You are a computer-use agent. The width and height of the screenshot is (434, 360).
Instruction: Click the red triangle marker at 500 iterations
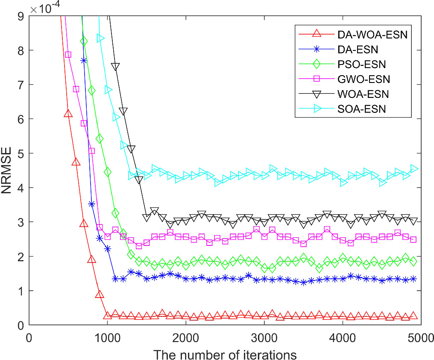tap(68, 113)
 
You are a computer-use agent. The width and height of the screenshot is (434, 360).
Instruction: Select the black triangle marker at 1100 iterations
tap(115, 67)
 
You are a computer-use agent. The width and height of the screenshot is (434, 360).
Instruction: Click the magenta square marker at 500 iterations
tap(68, 54)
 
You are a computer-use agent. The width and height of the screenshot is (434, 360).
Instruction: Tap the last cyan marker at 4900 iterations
tap(413, 168)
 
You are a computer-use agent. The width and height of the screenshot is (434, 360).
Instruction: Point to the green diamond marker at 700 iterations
tap(84, 41)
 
